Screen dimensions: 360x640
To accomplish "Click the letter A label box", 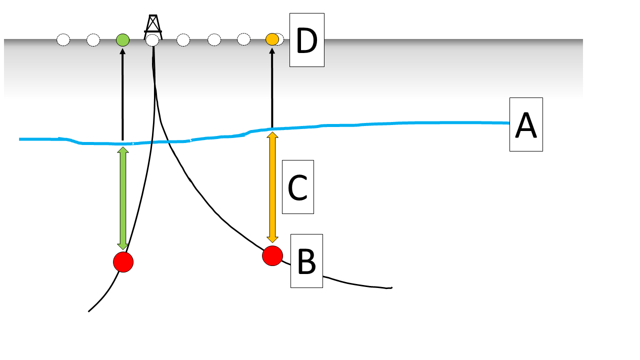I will point(526,124).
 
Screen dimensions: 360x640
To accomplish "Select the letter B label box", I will point(306,261).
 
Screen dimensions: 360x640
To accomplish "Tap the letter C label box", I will point(297,187).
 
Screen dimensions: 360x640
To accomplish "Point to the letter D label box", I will point(307,40).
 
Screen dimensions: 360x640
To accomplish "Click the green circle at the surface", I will point(122,39).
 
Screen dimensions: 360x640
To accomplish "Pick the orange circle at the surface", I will point(272,39).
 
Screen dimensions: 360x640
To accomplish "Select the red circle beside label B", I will point(272,255).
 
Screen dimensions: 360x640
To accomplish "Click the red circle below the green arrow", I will point(123,262).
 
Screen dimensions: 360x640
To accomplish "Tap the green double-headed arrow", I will point(122,198).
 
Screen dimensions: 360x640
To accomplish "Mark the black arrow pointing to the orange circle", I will point(272,88).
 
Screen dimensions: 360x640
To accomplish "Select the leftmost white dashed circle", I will point(63,39).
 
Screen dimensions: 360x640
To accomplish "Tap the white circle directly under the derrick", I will point(152,40).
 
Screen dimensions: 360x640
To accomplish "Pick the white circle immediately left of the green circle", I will point(93,39).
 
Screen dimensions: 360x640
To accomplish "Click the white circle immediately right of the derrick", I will point(183,40).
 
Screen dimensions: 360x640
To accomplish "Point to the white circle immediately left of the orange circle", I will point(243,39).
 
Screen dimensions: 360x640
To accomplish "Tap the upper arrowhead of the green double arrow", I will point(122,151).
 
